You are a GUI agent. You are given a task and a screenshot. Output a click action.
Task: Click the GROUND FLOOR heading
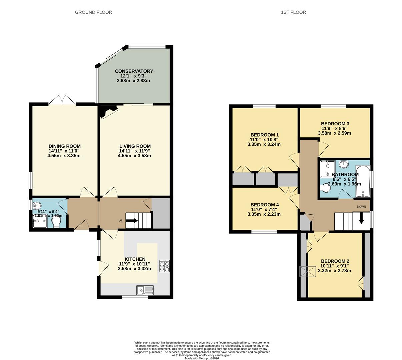pyautogui.click(x=93, y=12)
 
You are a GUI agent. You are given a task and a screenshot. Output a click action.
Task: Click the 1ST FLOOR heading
pyautogui.click(x=293, y=12)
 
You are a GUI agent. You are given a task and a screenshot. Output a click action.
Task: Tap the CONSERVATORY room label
pyautogui.click(x=134, y=71)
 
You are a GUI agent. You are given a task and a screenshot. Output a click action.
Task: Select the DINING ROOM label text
pyautogui.click(x=64, y=146)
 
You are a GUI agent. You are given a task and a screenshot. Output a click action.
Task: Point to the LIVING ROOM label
pyautogui.click(x=135, y=146)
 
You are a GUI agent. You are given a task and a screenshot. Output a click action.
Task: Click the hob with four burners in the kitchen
pyautogui.click(x=164, y=266)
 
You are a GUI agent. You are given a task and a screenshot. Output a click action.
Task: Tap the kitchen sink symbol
pyautogui.click(x=145, y=290)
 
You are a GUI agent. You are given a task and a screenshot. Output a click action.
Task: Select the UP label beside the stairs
pyautogui.click(x=121, y=221)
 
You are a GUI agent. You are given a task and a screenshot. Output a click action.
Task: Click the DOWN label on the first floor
pyautogui.click(x=361, y=207)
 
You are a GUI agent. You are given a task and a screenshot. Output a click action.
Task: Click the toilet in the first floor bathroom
pyautogui.click(x=325, y=189)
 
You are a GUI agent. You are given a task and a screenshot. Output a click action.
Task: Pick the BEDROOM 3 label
pyautogui.click(x=335, y=123)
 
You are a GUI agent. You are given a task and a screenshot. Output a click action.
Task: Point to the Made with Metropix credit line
pyautogui.click(x=202, y=358)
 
